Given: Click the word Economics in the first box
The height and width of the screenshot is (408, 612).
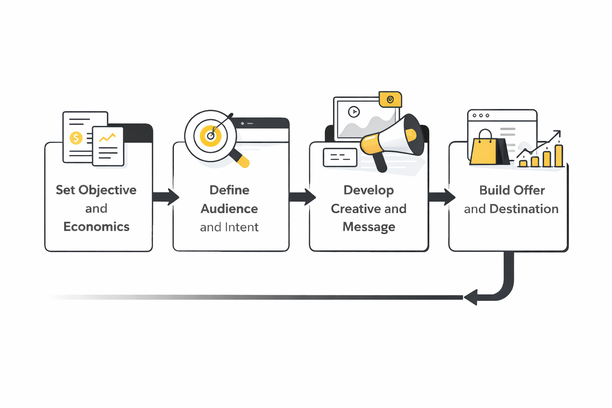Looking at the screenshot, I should pos(96,227).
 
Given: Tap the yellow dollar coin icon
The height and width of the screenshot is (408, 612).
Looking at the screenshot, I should pos(76,138).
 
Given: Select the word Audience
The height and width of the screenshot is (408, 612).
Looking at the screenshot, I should pos(229,209).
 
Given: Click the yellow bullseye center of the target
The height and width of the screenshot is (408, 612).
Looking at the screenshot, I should pos(210,136).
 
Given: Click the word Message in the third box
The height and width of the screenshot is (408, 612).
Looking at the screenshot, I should pos(369,227).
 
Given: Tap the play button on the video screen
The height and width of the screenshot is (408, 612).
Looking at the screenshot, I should pos(354,112).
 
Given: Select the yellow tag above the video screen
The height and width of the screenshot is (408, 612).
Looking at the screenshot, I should pos(390,100).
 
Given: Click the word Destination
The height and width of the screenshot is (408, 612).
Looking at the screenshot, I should pos(524,209).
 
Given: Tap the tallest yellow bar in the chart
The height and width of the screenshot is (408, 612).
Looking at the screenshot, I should pos(559,155).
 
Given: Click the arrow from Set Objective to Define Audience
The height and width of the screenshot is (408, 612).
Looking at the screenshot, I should pos(165,197).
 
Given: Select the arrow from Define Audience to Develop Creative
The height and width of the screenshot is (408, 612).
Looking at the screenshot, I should pos(302,197).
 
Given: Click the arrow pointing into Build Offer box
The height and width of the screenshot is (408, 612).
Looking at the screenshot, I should pos(441,197).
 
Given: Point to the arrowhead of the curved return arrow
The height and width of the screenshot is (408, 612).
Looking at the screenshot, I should pos(471,297).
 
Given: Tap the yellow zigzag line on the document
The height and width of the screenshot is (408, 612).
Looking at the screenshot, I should pos(107,138).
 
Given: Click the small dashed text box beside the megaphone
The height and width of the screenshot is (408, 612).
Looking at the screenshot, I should pos(340,157).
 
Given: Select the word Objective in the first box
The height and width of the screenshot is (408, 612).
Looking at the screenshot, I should pos(108,190).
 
